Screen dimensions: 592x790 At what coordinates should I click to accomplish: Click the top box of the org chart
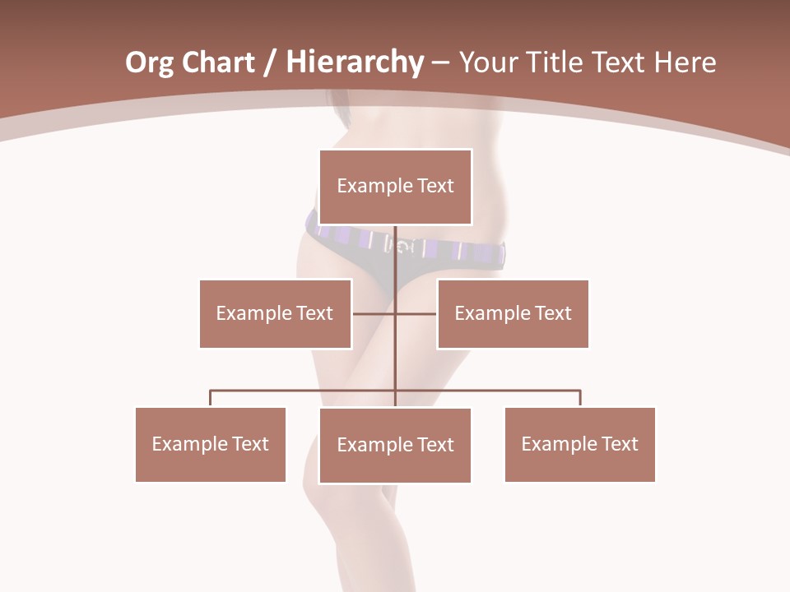point(395,187)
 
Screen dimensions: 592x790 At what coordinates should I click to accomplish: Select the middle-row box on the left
point(275,313)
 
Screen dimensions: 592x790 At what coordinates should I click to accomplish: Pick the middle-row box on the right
point(513,313)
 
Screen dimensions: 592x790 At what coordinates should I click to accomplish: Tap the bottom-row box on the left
point(210,444)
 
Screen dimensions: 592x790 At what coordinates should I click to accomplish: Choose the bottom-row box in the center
point(395,445)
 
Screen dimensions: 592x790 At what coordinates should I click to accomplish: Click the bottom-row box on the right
point(579,444)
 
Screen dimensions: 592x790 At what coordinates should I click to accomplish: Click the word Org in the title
point(149,62)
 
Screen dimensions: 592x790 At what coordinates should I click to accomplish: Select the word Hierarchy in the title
point(355,62)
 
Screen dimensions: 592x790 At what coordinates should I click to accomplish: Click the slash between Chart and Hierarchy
point(270,62)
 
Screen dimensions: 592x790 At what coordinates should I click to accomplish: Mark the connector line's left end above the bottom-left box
point(211,392)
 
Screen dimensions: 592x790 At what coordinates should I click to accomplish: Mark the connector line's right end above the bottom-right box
point(580,392)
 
